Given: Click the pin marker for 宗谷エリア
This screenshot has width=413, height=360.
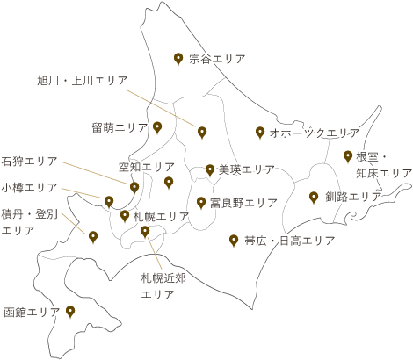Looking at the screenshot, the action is pos(178,59).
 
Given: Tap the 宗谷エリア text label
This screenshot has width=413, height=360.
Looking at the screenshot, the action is pos(217,59).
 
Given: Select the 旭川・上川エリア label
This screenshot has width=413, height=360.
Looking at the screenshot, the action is pos(83,80).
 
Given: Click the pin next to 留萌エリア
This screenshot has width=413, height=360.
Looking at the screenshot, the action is pos(157,127).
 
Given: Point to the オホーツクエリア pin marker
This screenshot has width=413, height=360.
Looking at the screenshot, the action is pos(260,133).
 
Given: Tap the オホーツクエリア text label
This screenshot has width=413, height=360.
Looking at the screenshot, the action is pos(315,133).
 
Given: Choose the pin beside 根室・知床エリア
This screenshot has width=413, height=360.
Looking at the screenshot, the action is pos(348,156).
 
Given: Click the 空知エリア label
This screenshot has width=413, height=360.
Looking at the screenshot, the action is pos(147,167).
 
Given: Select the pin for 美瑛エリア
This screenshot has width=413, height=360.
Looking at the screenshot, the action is pos(210,170).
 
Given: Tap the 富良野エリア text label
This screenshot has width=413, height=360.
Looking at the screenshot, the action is pos(243,203).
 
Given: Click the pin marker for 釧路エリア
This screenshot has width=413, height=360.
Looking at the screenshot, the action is pos(314,198).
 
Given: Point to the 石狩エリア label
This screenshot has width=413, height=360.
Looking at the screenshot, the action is pos(29,161).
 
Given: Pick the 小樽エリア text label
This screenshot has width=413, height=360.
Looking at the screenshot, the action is pos(29,187).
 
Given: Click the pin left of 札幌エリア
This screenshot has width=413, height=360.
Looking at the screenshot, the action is pos(125,216).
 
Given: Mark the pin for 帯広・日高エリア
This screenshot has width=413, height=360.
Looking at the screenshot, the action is pos(234,241).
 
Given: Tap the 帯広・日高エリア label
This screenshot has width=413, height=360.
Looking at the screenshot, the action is pos(289,241).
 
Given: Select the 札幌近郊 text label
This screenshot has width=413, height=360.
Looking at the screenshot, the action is pos(163,277).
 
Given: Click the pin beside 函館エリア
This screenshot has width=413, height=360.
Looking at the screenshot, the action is pos(70,312).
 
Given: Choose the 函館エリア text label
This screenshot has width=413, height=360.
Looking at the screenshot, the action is pos(32,312).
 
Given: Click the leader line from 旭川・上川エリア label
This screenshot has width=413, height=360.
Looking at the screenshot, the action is pos(161,108).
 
